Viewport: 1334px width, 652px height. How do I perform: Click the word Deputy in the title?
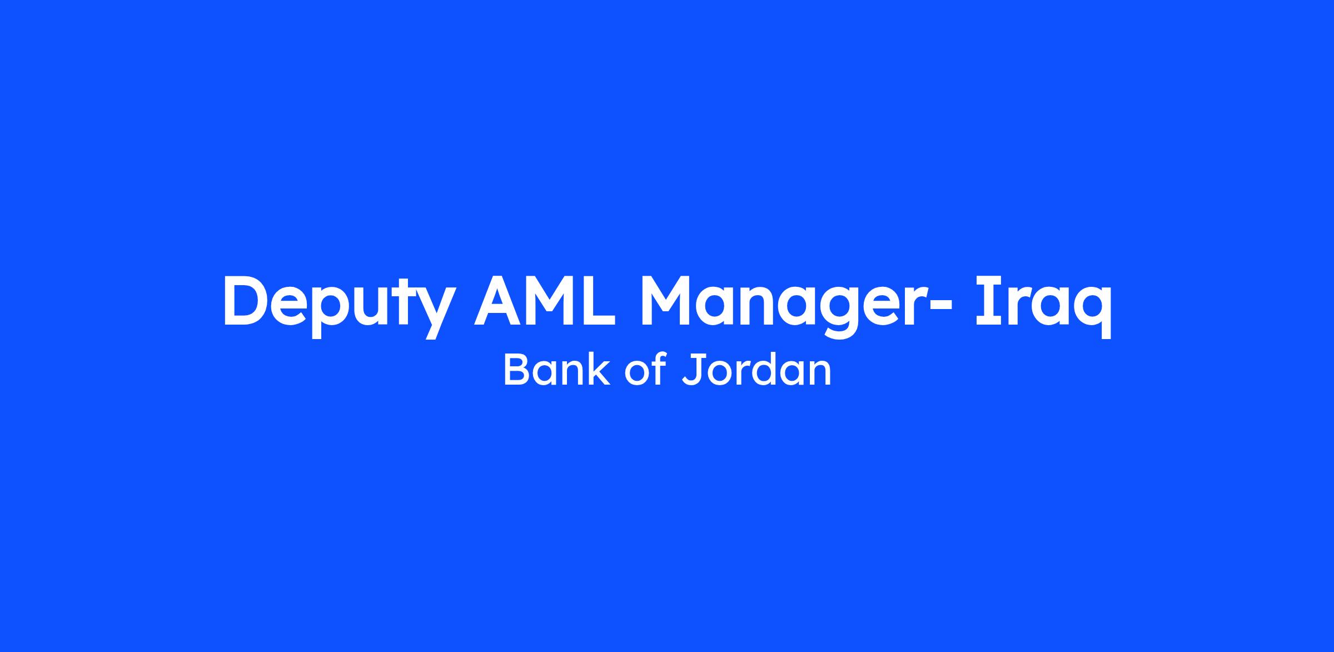tap(339, 306)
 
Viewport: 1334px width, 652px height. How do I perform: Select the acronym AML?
tap(545, 300)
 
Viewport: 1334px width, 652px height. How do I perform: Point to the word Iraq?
tap(1043, 306)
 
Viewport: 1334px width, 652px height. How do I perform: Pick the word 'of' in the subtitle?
tap(645, 370)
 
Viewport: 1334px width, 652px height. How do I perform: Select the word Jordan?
tap(756, 370)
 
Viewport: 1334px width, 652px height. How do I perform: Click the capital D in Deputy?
tap(245, 300)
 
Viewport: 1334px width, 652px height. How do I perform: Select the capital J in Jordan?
tap(692, 370)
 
